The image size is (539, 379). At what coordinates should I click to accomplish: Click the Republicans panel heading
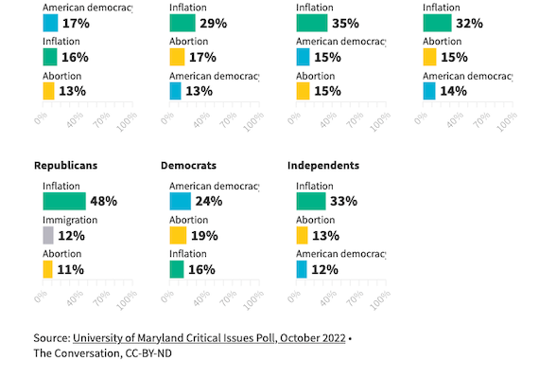pos(65,165)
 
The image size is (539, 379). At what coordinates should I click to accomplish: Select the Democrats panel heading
pos(189,165)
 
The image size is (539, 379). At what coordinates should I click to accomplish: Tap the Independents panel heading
pos(322,165)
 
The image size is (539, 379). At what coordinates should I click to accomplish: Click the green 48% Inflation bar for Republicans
pos(63,201)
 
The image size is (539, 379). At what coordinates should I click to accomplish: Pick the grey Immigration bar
pos(47,235)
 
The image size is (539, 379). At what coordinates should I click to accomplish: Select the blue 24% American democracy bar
pos(180,201)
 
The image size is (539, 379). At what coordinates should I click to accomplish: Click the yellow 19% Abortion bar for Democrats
pos(178,235)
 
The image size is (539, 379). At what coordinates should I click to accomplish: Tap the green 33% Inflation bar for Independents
pos(311,201)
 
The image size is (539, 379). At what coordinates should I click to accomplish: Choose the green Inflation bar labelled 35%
pos(312,23)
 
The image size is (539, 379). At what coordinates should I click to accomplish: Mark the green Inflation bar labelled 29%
pos(183,23)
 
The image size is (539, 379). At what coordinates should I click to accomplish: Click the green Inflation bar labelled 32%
pos(437,23)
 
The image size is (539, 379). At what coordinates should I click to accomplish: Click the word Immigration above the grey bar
pos(70,219)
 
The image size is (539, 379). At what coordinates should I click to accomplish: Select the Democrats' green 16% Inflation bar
pos(177,270)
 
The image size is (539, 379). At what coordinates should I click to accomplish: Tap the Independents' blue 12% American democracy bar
pos(302,270)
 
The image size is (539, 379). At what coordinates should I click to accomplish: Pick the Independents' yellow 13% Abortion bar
pos(303,235)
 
